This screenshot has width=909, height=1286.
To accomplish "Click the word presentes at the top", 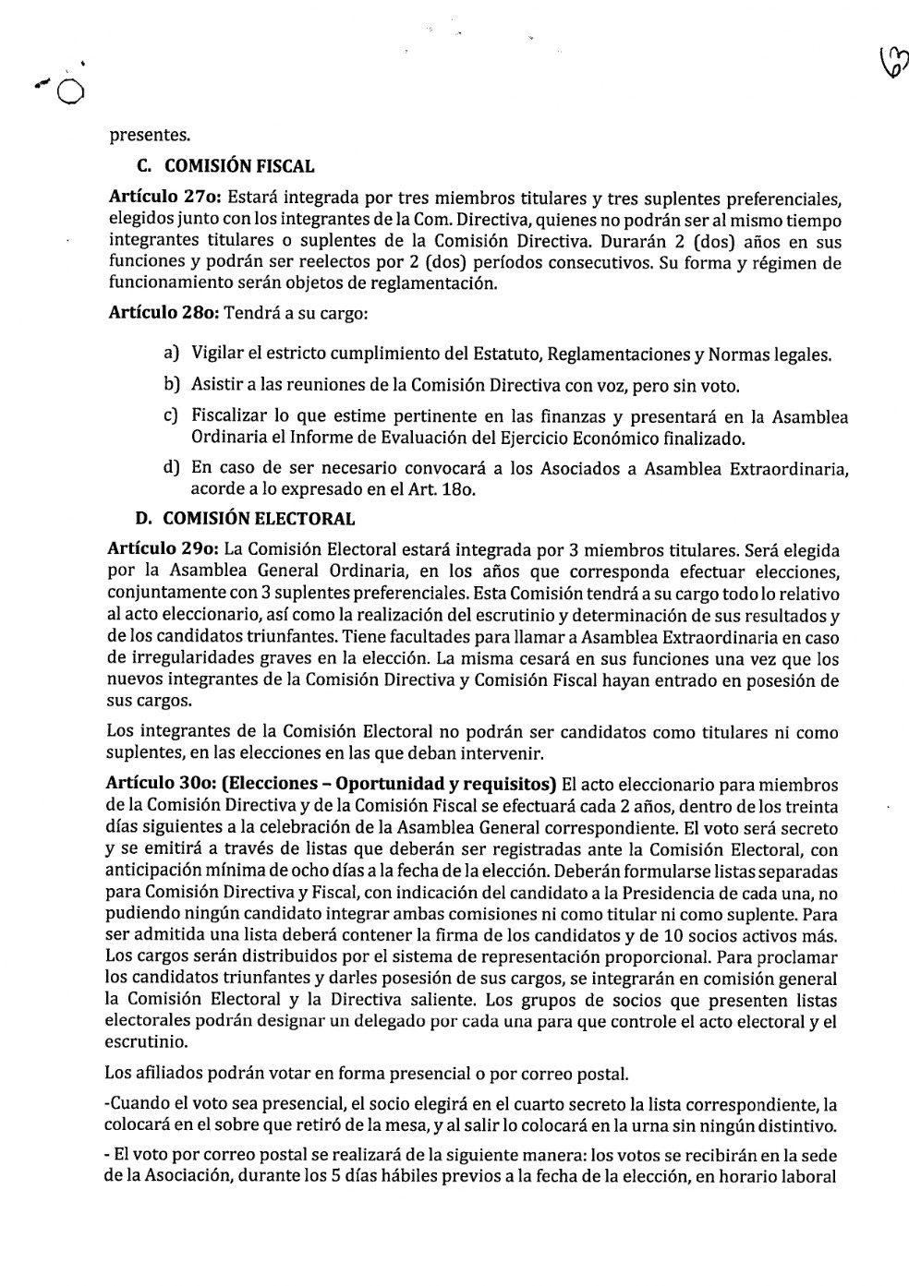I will (x=150, y=136).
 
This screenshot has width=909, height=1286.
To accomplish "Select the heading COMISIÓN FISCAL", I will (x=238, y=167).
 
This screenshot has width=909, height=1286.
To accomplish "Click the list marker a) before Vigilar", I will (x=171, y=353).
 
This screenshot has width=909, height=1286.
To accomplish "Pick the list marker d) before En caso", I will (x=171, y=467).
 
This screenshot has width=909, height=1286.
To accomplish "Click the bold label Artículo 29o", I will (x=164, y=550).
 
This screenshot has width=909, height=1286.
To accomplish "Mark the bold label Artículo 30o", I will (x=164, y=785).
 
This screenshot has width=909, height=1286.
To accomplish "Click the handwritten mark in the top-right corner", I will (x=893, y=60).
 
